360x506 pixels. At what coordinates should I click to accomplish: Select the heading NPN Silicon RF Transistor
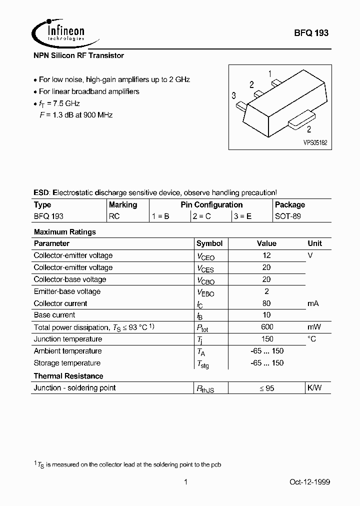click(78, 56)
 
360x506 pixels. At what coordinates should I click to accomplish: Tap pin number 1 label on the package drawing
click(270, 74)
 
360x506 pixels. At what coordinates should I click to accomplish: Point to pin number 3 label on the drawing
click(233, 95)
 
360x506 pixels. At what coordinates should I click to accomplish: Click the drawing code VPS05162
click(315, 142)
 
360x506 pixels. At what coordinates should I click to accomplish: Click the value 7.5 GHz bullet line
click(59, 103)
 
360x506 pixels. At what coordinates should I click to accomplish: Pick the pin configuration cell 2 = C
click(202, 217)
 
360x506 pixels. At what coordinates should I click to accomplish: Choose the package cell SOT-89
click(288, 217)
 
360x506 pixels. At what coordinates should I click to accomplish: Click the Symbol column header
click(209, 243)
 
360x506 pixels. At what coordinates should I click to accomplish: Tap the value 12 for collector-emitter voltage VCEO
click(266, 255)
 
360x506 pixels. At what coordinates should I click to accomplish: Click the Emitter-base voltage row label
click(67, 291)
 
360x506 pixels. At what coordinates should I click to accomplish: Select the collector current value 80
click(266, 303)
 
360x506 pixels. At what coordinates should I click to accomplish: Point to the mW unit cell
click(314, 327)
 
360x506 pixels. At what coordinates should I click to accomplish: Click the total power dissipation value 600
click(266, 327)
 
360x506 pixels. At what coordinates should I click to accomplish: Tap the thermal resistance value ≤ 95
click(266, 388)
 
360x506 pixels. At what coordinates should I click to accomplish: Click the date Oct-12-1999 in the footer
click(309, 482)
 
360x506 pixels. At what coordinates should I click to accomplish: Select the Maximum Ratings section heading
click(64, 232)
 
